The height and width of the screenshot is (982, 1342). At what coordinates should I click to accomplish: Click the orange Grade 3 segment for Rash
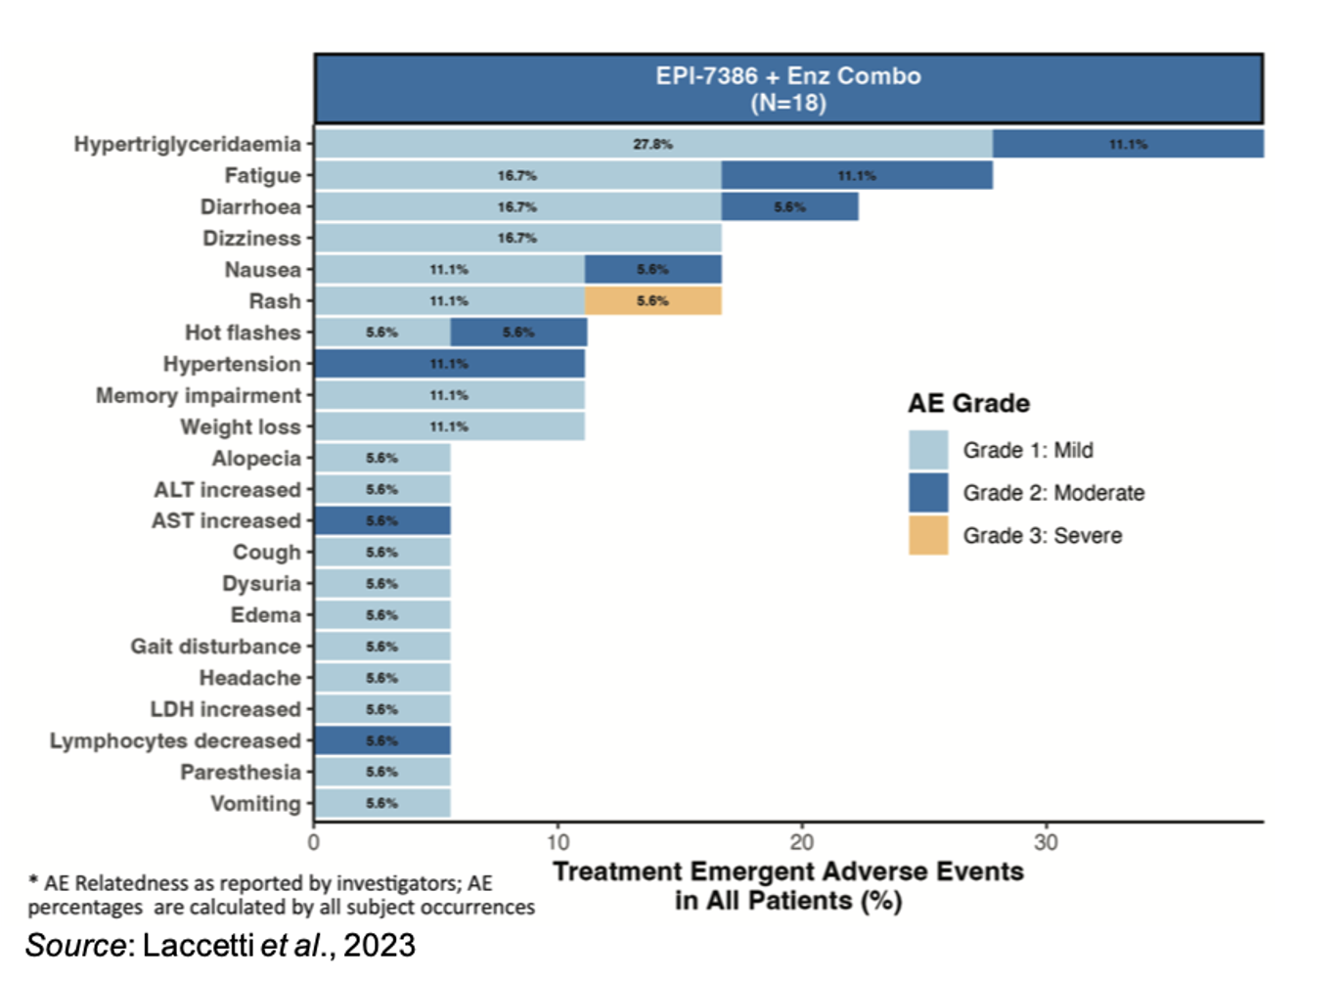[653, 301]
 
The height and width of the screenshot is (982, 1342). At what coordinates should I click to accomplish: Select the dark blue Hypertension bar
[449, 364]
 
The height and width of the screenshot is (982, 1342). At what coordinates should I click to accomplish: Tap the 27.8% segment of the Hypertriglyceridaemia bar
[652, 144]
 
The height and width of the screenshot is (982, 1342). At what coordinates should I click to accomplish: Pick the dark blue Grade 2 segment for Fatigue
[857, 176]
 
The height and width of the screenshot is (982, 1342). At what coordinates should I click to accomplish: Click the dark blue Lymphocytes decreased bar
[381, 740]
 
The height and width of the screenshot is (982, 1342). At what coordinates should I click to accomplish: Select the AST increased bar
[381, 521]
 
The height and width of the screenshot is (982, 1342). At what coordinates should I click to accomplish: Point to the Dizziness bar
[517, 238]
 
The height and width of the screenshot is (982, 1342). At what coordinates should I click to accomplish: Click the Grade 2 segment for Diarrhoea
[789, 207]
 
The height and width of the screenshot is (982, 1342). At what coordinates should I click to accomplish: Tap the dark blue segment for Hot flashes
[518, 333]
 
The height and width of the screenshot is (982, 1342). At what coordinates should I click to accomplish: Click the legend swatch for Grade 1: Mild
[927, 450]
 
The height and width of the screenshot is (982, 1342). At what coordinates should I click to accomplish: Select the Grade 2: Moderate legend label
[1053, 493]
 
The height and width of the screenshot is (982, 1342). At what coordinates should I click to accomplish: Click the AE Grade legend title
[968, 403]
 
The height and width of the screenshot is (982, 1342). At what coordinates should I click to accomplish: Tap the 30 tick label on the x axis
[1046, 842]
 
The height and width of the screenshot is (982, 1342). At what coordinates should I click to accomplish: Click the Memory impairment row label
[199, 395]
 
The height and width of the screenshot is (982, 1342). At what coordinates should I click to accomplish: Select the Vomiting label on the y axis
[255, 803]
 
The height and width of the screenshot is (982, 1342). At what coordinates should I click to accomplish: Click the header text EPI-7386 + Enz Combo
[788, 76]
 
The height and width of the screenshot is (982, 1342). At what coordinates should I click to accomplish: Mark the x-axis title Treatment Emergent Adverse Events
[788, 871]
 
